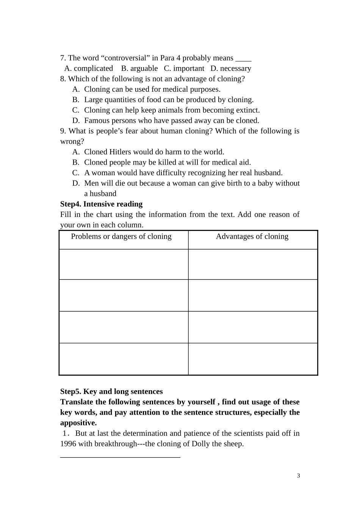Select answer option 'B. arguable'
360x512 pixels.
[x=139, y=69]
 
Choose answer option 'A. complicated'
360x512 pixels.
[x=89, y=69]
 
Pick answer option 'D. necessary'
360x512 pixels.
[x=231, y=69]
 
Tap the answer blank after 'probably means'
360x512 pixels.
[x=243, y=59]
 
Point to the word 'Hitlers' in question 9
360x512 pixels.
[x=120, y=152]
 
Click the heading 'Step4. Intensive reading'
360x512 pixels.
[x=101, y=204]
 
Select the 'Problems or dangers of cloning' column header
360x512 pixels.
[x=121, y=237]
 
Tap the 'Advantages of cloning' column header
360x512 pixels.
[x=252, y=237]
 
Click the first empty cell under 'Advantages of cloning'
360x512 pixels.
[x=253, y=264]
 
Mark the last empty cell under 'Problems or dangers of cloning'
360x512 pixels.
[x=124, y=359]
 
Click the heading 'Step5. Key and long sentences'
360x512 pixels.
[x=111, y=392]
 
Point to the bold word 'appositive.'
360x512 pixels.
[x=78, y=423]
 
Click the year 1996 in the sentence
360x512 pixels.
[x=68, y=444]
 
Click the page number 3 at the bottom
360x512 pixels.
[x=299, y=476]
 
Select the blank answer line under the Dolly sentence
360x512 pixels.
[x=120, y=457]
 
